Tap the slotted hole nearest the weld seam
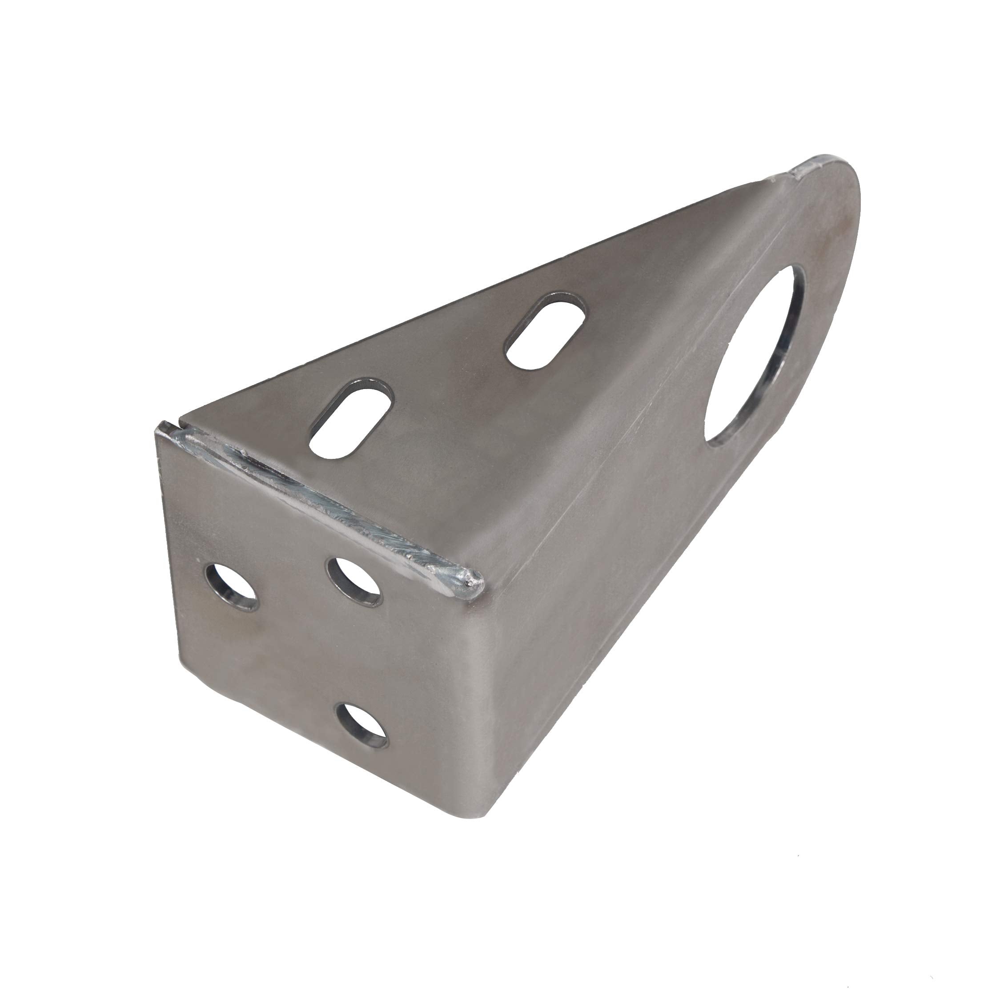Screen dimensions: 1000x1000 (x=351, y=416)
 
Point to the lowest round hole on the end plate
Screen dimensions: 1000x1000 (x=361, y=725)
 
